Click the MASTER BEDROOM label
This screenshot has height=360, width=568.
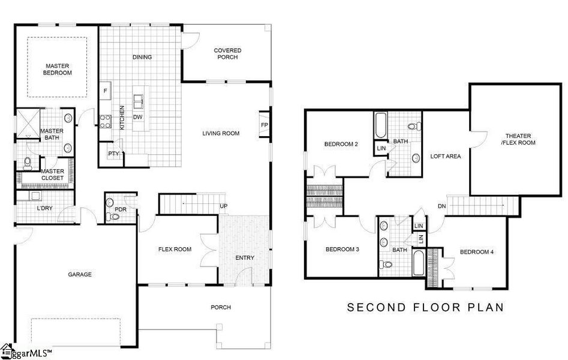click(58, 69)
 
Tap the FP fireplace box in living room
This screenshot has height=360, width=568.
click(265, 125)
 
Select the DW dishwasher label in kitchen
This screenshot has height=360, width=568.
click(137, 117)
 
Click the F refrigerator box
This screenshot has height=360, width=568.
click(106, 91)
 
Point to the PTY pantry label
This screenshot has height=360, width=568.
click(113, 154)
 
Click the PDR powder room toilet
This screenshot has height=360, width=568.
click(109, 217)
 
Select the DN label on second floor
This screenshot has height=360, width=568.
click(442, 206)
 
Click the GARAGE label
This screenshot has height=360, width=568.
click(80, 274)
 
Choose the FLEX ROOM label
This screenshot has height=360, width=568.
click(175, 249)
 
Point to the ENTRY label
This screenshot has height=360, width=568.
click(245, 258)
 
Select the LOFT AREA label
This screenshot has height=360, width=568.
click(446, 156)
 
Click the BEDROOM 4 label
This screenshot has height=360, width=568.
click(476, 252)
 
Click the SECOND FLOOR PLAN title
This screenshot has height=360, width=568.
click(426, 307)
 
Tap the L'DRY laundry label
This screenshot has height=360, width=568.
click(29, 208)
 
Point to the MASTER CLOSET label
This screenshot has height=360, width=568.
click(53, 175)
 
